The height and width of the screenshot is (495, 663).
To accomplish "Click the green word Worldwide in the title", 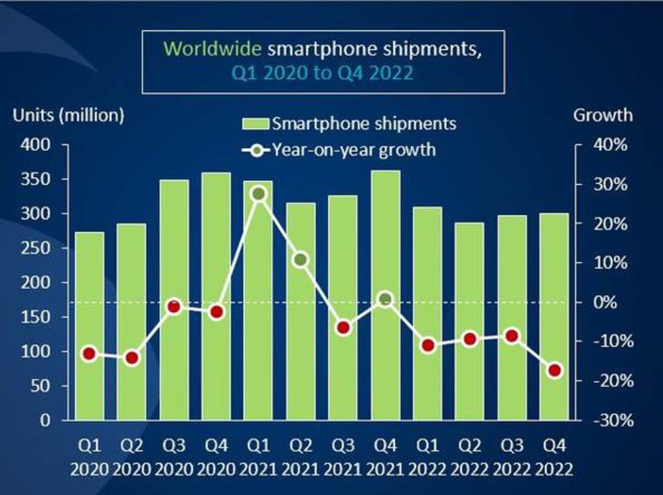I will point(212,48).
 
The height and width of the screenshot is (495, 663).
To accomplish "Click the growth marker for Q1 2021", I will point(259,194).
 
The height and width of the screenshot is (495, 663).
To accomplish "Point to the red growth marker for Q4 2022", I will point(555,370).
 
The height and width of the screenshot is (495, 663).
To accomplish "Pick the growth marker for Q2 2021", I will point(301,259).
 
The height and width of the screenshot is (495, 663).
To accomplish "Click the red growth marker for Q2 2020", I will point(132,358).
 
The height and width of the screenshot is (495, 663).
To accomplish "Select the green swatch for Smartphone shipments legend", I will point(256,124).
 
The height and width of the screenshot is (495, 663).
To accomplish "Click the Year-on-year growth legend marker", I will point(256,150).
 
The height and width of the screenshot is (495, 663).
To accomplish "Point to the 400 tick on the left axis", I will point(36,145).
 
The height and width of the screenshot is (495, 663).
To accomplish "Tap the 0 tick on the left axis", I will point(45,420).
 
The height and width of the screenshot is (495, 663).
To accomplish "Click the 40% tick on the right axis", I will point(610,145).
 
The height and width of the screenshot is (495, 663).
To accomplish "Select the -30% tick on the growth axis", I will point(613,420).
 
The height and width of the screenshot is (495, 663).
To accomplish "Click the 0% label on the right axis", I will point(605,303).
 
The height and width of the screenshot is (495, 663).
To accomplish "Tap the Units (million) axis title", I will point(68,115).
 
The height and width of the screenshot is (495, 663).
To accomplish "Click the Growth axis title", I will point(603,115).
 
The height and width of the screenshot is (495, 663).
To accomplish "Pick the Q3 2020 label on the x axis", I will point(174,457).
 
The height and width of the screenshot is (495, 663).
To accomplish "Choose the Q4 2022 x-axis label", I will point(554,457).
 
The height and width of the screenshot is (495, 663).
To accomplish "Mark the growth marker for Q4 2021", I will point(386,299).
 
